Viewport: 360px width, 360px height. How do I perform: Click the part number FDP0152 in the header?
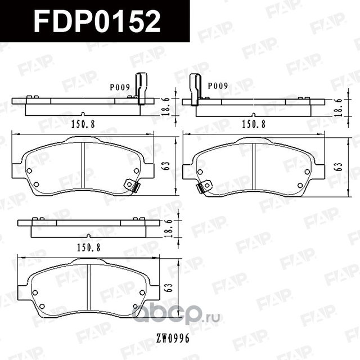(x=97, y=22)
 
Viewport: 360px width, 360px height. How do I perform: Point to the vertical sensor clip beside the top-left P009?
(x=141, y=89)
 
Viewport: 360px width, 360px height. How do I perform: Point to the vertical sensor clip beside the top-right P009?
(x=195, y=89)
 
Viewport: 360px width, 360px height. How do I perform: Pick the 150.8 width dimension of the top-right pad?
(x=254, y=125)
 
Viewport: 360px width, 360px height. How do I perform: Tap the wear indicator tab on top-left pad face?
(x=131, y=184)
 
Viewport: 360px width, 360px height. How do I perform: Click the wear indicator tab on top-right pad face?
(x=205, y=186)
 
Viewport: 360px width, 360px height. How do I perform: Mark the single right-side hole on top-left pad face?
(x=136, y=170)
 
